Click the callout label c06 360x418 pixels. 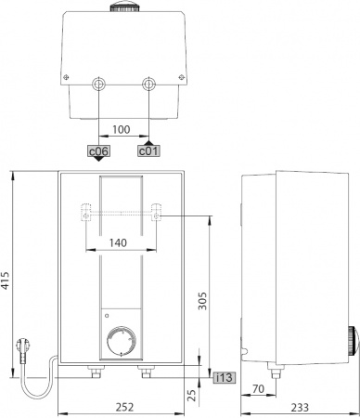click(98, 150)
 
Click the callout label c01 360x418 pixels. click(148, 150)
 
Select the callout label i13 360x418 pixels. click(224, 377)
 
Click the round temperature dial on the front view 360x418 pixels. click(122, 341)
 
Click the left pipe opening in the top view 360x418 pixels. click(98, 85)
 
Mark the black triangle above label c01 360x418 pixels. click(148, 139)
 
